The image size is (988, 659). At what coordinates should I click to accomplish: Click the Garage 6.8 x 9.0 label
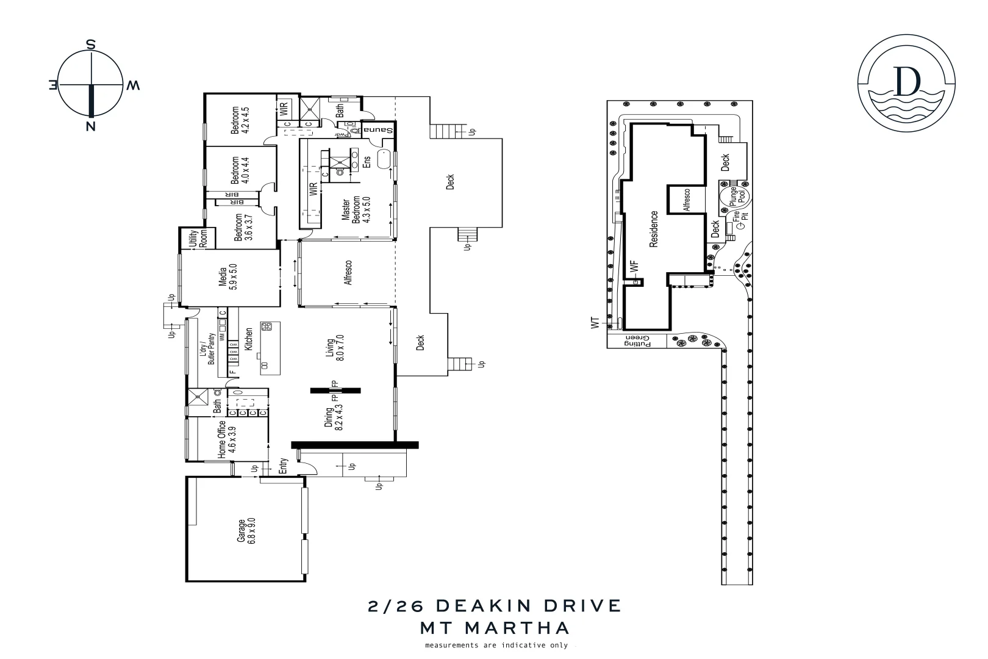[246, 531]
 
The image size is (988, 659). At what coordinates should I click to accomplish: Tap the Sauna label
[379, 129]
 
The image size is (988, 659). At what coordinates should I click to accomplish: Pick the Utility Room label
[198, 238]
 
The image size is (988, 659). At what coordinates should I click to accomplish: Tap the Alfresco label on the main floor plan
[348, 273]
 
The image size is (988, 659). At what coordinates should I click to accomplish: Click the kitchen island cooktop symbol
[267, 328]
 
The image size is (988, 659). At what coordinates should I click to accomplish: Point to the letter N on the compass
[91, 126]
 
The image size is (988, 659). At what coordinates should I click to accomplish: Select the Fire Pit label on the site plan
[740, 217]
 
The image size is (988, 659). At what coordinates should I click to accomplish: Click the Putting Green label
[638, 341]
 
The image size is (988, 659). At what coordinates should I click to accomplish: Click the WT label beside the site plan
[596, 323]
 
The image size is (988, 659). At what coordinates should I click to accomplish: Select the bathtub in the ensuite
[384, 159]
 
